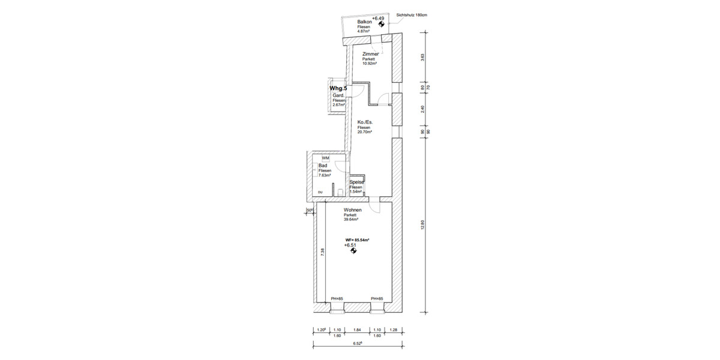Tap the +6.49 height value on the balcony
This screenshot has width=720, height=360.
point(379,19)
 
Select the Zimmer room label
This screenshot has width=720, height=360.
point(370,54)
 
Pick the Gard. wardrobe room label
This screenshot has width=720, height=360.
point(338,95)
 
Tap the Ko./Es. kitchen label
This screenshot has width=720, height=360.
point(365,122)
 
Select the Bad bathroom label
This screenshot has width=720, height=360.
point(323,166)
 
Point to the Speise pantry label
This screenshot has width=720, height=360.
point(356,182)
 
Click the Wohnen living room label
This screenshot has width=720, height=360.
point(352,209)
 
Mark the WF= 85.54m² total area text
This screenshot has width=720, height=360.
point(357,239)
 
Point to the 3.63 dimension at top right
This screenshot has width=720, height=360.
point(423,58)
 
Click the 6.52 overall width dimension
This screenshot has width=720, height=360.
point(357,344)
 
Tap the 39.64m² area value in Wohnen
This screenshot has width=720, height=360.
point(351,220)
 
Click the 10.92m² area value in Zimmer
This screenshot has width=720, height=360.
point(370,64)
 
